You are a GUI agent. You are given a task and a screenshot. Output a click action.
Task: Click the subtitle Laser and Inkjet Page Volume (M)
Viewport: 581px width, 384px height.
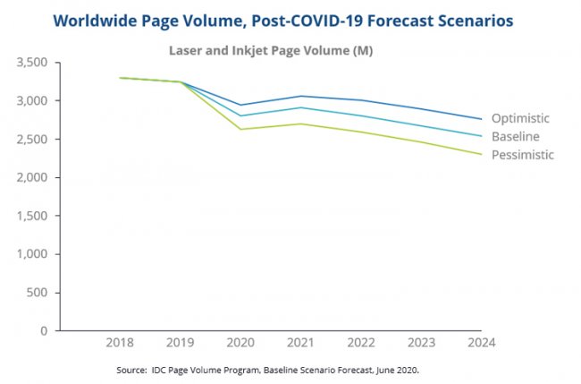click(x=271, y=51)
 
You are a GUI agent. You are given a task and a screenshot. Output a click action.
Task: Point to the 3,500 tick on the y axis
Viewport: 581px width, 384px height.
click(x=31, y=64)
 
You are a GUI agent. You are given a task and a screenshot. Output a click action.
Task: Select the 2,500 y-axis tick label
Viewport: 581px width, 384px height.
click(x=31, y=140)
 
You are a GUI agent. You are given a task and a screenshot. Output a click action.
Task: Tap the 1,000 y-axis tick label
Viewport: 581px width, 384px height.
click(x=31, y=254)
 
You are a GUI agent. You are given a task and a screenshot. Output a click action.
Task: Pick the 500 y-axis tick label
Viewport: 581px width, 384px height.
click(x=37, y=293)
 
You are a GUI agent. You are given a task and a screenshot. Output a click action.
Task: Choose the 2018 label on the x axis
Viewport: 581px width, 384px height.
click(x=120, y=342)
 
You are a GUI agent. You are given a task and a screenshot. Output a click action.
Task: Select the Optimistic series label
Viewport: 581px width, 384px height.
click(x=520, y=118)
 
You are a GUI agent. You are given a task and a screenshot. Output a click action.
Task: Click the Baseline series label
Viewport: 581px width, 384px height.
click(x=516, y=136)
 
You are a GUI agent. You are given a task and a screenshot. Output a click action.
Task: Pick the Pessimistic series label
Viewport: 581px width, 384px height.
click(x=522, y=155)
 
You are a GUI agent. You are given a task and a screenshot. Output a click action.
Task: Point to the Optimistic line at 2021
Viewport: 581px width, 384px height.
click(x=301, y=96)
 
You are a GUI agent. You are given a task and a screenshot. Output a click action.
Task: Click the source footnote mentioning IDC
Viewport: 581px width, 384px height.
click(x=268, y=369)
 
